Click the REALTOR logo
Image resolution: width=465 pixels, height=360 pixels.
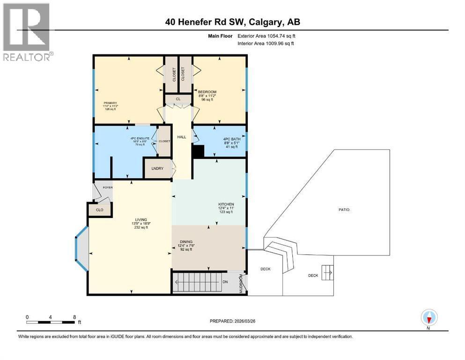pos(26,31)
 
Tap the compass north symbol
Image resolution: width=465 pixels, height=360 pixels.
pos(428,317)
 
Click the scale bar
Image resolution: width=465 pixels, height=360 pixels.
pos(51,322)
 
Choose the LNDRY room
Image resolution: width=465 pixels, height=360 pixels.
pos(157,169)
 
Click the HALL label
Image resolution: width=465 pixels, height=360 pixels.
pos(182,137)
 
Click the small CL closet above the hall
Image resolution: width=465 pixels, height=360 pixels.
pos(178,99)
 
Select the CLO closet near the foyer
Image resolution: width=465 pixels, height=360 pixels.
pos(99,210)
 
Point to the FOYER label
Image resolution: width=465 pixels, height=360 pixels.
pos(108,187)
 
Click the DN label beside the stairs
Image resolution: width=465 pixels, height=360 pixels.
pos(225,282)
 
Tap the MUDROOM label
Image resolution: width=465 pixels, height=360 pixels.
pos(242,284)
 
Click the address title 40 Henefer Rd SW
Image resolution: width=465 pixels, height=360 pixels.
pos(233,22)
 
